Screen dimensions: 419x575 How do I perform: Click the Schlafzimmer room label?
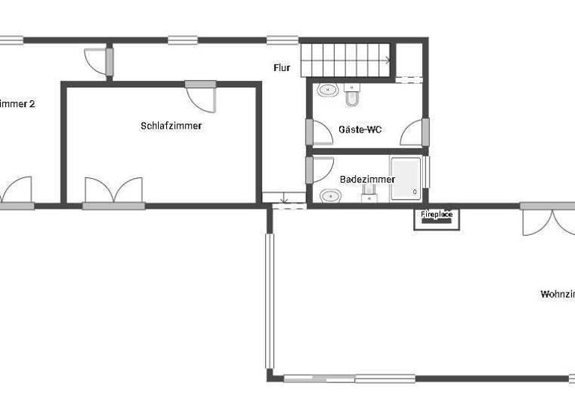point(171,126)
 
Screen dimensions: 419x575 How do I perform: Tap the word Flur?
point(282,68)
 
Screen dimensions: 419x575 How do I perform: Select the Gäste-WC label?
point(360,129)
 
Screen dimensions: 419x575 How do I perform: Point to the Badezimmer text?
point(367,180)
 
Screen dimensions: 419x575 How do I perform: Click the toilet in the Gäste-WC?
point(353,94)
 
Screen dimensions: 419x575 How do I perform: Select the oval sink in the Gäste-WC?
point(328,91)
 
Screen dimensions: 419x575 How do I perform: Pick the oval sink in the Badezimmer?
point(329,196)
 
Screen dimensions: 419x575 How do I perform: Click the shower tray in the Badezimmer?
point(406,180)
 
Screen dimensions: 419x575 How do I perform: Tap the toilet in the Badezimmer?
point(369,195)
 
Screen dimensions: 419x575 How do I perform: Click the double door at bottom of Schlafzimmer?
point(113,192)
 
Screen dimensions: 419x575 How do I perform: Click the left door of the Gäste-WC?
point(320,133)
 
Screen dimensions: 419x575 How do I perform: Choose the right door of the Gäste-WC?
point(413,133)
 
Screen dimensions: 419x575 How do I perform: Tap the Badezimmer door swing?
point(320,169)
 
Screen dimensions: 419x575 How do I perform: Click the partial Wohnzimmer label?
point(557,294)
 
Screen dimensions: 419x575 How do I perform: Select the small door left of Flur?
point(97,61)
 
